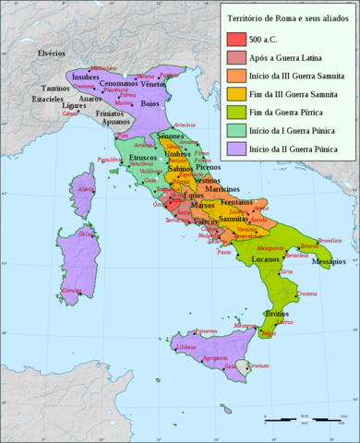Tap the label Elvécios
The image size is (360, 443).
pyautogui.click(x=51, y=54)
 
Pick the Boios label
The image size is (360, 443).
pyautogui.click(x=149, y=103)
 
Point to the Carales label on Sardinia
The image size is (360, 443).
pyautogui.click(x=70, y=290)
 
